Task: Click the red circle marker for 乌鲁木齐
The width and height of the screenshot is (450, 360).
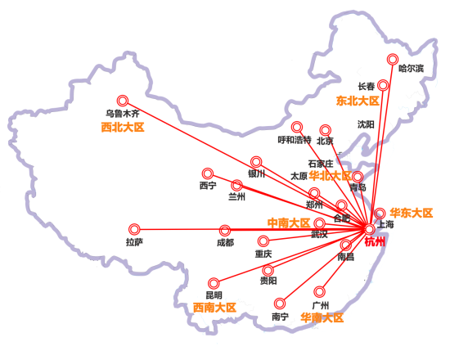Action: click(123, 98)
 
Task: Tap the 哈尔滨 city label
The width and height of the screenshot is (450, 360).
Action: click(411, 69)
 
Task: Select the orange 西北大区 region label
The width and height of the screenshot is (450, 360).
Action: click(122, 128)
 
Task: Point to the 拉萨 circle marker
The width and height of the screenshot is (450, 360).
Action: click(134, 229)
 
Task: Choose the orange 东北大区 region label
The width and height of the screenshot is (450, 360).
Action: click(358, 101)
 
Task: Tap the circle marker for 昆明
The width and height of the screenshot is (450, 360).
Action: click(214, 282)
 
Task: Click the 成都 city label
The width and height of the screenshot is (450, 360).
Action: click(225, 243)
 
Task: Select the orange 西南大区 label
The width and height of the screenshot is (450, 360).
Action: click(214, 308)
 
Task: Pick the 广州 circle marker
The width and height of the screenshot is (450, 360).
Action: click(320, 290)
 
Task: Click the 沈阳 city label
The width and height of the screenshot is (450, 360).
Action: click(366, 124)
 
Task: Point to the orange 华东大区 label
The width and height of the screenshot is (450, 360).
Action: click(411, 213)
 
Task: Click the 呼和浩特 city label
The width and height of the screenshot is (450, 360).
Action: click(295, 140)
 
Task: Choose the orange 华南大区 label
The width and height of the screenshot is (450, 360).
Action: click(322, 317)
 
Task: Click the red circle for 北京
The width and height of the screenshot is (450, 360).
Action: click(325, 129)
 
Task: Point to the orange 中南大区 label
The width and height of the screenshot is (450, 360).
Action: click(289, 223)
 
